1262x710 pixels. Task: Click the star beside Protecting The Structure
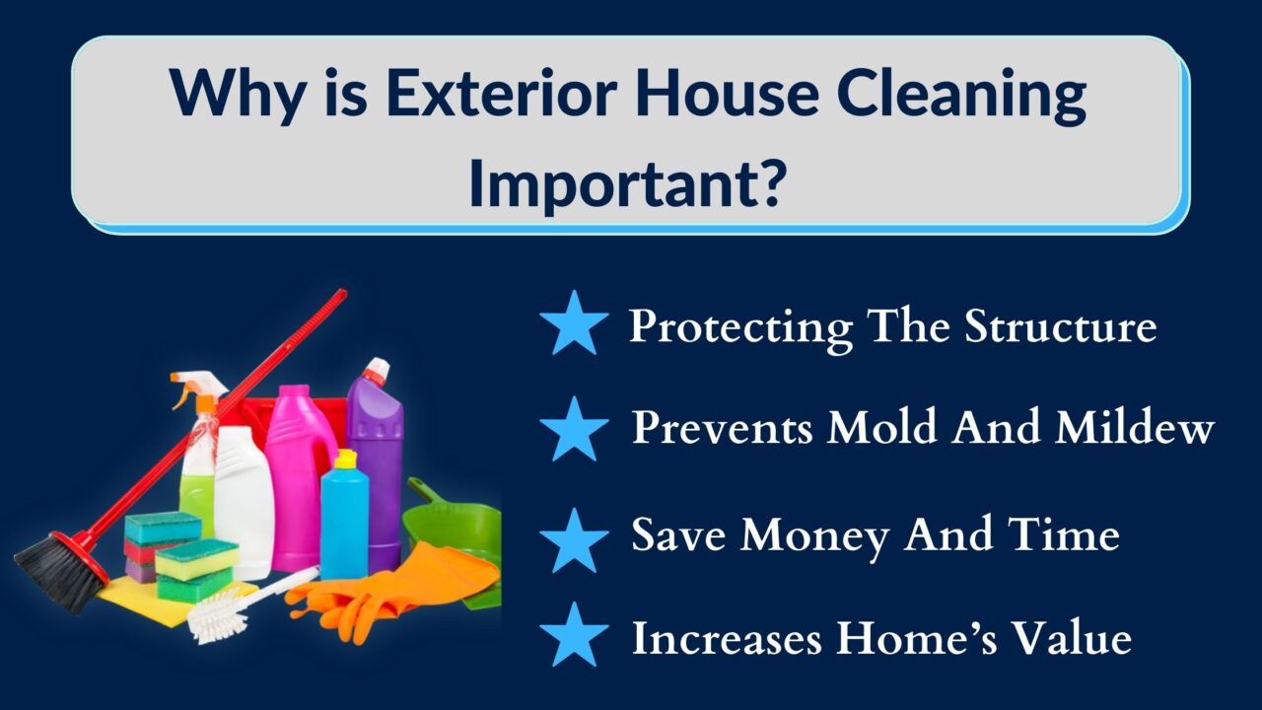coord(574,322)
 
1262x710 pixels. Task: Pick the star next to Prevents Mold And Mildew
coord(574,429)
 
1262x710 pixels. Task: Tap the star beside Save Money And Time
coord(574,539)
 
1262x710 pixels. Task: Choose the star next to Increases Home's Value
coord(574,634)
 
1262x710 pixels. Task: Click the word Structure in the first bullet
coord(1060,325)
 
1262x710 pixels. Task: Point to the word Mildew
coord(1135,426)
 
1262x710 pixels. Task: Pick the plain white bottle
coord(244,502)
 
